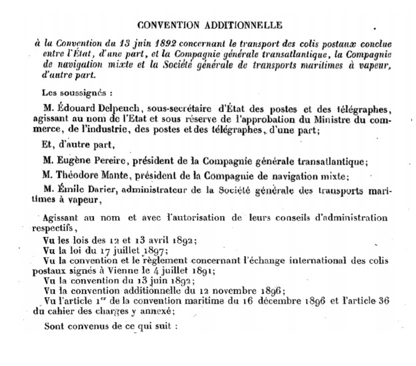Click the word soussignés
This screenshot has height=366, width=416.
[78, 92]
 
